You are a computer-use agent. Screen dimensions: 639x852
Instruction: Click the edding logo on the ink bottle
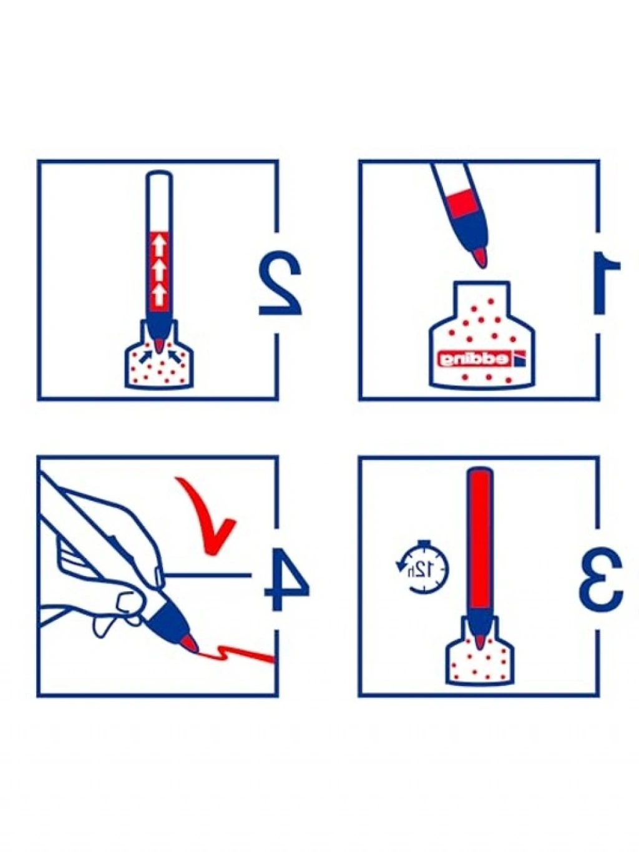click(480, 359)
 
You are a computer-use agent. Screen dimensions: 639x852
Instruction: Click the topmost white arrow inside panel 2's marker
click(159, 246)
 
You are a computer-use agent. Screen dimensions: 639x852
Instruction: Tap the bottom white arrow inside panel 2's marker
click(159, 295)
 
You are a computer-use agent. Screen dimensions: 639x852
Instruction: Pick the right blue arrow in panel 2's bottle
click(174, 356)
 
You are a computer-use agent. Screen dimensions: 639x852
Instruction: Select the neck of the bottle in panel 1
click(481, 297)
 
